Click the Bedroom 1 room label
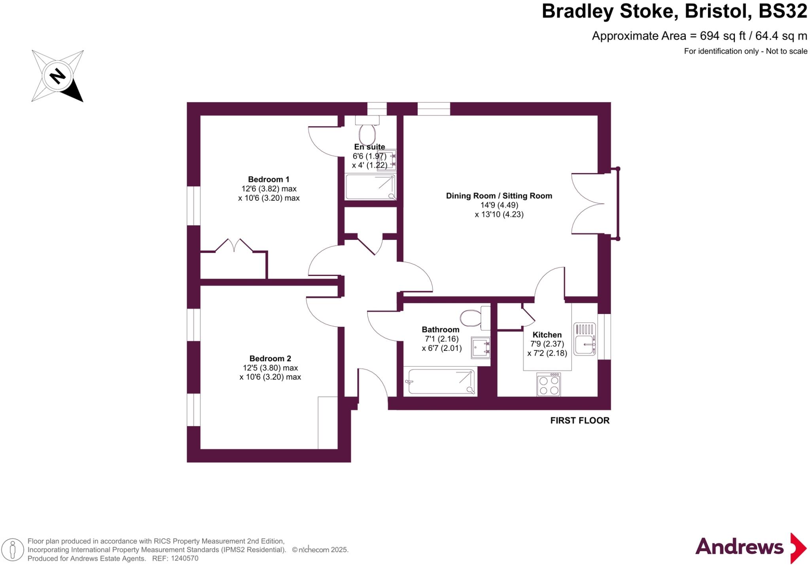click(x=269, y=179)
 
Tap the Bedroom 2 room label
click(x=270, y=358)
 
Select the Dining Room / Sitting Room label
click(x=499, y=196)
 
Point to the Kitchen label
click(x=547, y=335)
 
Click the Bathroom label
click(x=440, y=329)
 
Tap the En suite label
click(x=369, y=147)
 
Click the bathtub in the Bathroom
click(x=441, y=382)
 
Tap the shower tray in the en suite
click(x=370, y=187)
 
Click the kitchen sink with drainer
click(x=585, y=339)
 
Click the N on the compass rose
click(x=58, y=76)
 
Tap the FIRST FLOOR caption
click(x=579, y=420)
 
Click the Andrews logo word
click(x=739, y=547)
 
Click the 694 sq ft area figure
click(x=723, y=36)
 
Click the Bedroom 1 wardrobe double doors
click(x=234, y=245)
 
